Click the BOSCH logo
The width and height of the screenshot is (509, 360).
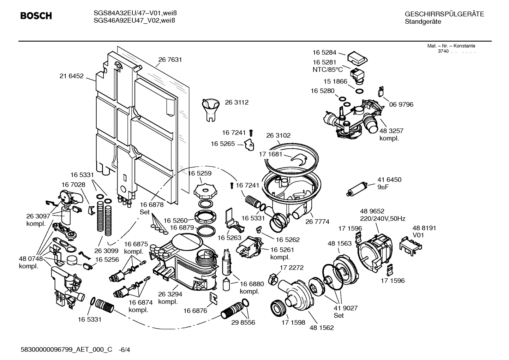(36, 16)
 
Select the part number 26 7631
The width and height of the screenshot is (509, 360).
(170, 60)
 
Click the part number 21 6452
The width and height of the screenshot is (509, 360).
(72, 76)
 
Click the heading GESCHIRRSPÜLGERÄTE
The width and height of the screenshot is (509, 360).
(444, 14)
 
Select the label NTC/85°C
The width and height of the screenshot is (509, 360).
(327, 70)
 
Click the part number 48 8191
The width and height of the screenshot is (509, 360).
(424, 228)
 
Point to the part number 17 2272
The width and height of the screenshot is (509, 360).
(292, 267)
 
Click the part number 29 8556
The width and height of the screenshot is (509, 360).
(243, 322)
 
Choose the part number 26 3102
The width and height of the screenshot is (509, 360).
(278, 135)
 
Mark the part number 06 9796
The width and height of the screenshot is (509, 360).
(401, 104)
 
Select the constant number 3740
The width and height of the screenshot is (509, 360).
(443, 51)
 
